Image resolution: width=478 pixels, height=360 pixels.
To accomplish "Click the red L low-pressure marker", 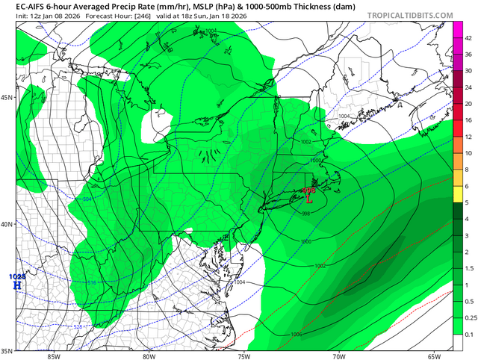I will click(308, 199).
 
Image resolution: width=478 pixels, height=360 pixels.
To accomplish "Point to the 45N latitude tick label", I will click(7, 97).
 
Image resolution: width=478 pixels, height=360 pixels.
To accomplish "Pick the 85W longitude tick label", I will click(52, 356).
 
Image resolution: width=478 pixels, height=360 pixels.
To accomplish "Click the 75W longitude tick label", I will click(243, 356).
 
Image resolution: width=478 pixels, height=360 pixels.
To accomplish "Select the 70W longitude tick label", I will click(338, 356).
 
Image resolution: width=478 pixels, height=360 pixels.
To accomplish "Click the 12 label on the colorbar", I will click(467, 137).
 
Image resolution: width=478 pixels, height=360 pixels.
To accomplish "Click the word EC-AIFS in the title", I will click(19, 4).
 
